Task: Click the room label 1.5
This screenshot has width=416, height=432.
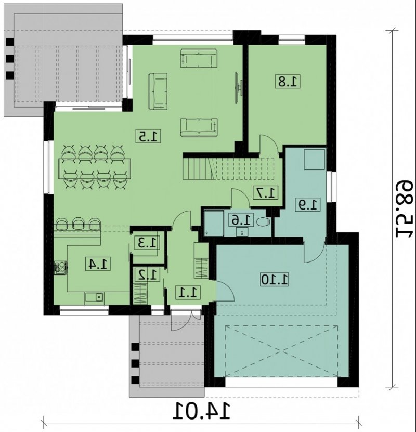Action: (148, 136)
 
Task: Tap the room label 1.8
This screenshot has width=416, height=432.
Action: (288, 81)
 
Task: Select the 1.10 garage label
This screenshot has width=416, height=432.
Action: (275, 279)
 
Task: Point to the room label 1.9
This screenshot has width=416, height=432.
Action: (308, 204)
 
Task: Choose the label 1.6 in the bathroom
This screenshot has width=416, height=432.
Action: (242, 220)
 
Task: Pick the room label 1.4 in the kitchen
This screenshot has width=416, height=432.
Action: (98, 264)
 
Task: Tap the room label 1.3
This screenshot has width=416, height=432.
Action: (147, 243)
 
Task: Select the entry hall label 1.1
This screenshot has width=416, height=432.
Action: (188, 292)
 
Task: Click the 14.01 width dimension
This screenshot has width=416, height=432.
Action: (201, 411)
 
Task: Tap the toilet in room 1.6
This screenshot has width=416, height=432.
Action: (263, 221)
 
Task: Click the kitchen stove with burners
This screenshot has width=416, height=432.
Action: (60, 268)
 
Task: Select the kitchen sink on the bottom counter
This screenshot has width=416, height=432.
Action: (95, 297)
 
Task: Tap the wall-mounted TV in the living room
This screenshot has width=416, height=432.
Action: (237, 88)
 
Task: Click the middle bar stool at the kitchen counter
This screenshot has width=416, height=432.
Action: (79, 223)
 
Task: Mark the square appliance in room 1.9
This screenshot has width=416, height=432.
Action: (315, 160)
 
